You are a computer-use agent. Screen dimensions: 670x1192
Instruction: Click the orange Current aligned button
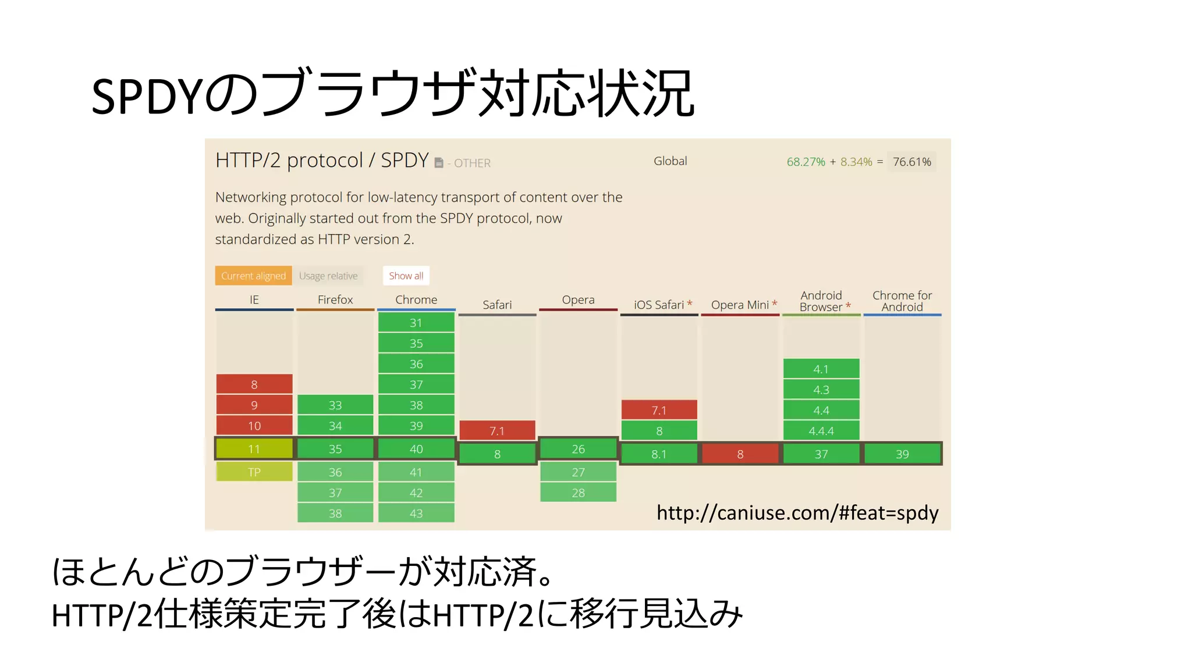pyautogui.click(x=253, y=276)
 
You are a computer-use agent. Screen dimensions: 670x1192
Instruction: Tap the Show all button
pyautogui.click(x=406, y=276)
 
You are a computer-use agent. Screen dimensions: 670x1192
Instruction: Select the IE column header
pyautogui.click(x=254, y=300)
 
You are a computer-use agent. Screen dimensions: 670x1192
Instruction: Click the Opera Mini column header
pyautogui.click(x=740, y=305)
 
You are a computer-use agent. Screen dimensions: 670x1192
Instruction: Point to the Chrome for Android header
pyautogui.click(x=902, y=301)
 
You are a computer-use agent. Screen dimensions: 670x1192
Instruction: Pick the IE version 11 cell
pyautogui.click(x=254, y=449)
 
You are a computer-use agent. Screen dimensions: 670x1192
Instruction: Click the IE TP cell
pyautogui.click(x=254, y=472)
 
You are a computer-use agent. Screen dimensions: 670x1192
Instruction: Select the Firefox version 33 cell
pyautogui.click(x=335, y=405)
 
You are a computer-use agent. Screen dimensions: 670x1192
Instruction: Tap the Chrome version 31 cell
pyautogui.click(x=416, y=323)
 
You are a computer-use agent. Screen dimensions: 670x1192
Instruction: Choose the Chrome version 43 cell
pyautogui.click(x=416, y=514)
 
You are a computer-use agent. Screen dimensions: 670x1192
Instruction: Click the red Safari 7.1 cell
pyautogui.click(x=497, y=431)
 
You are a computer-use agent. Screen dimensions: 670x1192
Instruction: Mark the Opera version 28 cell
pyautogui.click(x=578, y=493)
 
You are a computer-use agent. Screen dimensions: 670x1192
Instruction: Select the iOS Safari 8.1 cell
pyautogui.click(x=659, y=454)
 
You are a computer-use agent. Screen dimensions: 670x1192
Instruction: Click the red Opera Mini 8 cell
pyautogui.click(x=740, y=454)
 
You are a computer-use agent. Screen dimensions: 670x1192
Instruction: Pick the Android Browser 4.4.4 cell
pyautogui.click(x=821, y=431)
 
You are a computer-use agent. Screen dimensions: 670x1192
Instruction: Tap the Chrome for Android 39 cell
pyautogui.click(x=902, y=454)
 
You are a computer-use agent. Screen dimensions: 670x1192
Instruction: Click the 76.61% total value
pyautogui.click(x=912, y=162)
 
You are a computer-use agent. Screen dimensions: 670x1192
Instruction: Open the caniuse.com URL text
pyautogui.click(x=797, y=513)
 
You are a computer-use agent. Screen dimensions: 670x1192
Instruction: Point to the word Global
pyautogui.click(x=670, y=161)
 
